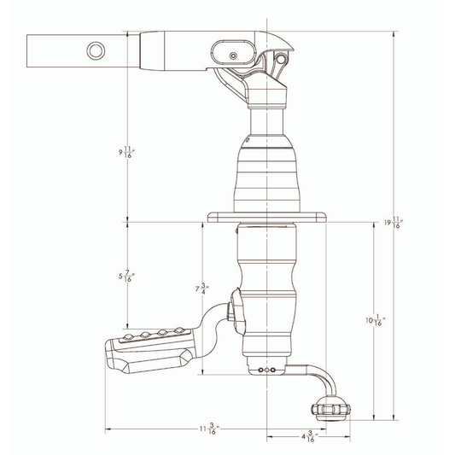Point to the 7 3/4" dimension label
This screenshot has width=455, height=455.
click(201, 289)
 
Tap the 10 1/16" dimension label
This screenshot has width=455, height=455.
click(375, 320)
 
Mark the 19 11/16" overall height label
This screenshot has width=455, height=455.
click(393, 223)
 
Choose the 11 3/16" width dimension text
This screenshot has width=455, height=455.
click(205, 429)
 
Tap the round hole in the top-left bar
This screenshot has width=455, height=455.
click(94, 51)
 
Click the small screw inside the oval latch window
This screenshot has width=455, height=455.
click(233, 56)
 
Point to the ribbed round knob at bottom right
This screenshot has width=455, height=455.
click(330, 409)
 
